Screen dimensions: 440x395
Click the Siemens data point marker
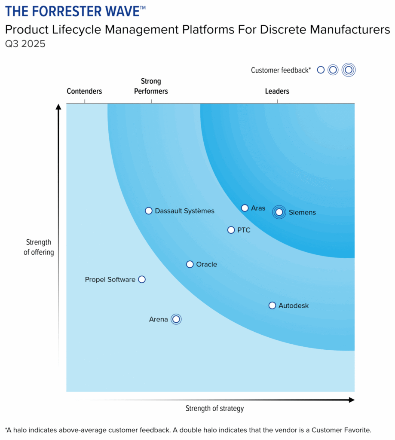pyautogui.click(x=279, y=212)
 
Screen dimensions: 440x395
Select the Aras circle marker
pyautogui.click(x=245, y=208)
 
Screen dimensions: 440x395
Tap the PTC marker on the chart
pyautogui.click(x=231, y=230)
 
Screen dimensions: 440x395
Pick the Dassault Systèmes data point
pyautogui.click(x=149, y=211)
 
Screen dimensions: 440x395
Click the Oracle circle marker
pyautogui.click(x=190, y=264)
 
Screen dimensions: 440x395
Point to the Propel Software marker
pyautogui.click(x=142, y=279)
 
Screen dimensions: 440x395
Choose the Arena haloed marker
pyautogui.click(x=176, y=319)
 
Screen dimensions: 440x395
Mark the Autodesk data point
pyautogui.click(x=272, y=306)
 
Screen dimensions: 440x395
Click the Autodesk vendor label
pyautogui.click(x=294, y=306)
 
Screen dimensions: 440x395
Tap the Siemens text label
pyautogui.click(x=302, y=212)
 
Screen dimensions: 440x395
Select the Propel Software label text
pyautogui.click(x=110, y=280)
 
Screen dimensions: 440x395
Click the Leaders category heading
pyautogui.click(x=277, y=91)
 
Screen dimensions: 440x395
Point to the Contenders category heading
pyautogui.click(x=84, y=91)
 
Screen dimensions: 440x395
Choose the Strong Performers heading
pyautogui.click(x=151, y=86)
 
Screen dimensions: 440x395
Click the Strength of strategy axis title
pyautogui.click(x=214, y=408)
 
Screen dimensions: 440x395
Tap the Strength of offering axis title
pyautogui.click(x=39, y=247)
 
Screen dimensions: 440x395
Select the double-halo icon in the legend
pyautogui.click(x=349, y=70)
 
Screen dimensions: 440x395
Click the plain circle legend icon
pyautogui.click(x=321, y=70)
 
